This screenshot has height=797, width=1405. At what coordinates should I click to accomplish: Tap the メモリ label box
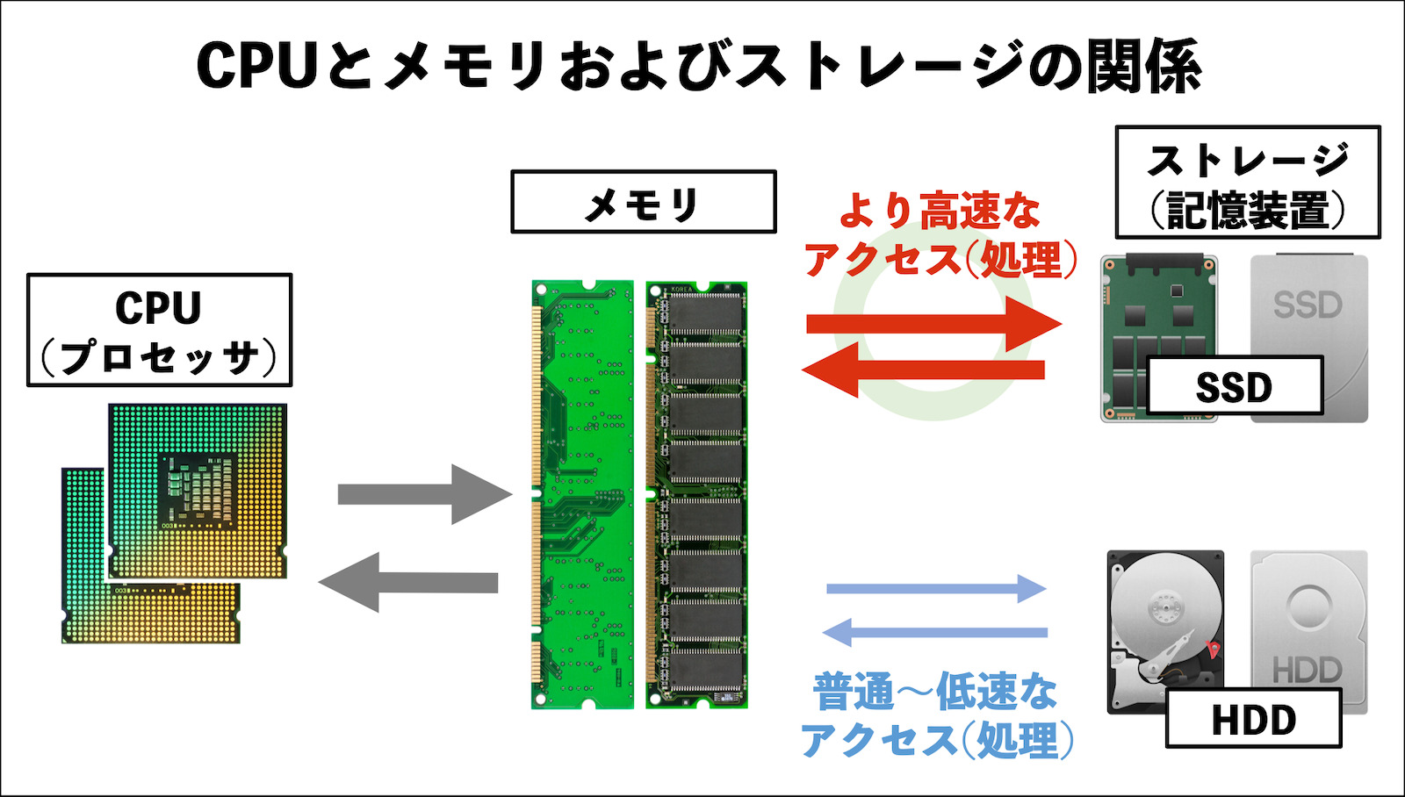click(x=643, y=202)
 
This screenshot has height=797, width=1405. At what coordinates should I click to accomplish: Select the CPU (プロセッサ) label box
click(x=159, y=330)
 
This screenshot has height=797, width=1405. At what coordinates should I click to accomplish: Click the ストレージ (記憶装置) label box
click(x=1247, y=183)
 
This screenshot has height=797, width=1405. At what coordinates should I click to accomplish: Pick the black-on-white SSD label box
click(x=1234, y=386)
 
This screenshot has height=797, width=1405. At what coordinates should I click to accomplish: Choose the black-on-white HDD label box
click(x=1253, y=719)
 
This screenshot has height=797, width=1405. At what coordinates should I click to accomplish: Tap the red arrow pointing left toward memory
click(x=922, y=370)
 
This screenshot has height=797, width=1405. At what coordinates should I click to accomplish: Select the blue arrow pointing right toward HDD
click(x=936, y=588)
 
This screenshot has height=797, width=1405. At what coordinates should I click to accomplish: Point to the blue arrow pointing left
click(x=934, y=632)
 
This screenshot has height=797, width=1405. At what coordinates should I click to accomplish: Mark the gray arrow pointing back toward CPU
click(x=408, y=582)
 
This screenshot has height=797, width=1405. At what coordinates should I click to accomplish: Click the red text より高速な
click(x=939, y=212)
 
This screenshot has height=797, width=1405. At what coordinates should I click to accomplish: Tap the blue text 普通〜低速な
click(x=934, y=692)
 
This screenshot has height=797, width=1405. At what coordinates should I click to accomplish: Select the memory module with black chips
click(x=696, y=494)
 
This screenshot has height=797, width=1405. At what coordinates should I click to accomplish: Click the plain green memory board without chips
click(x=582, y=494)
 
